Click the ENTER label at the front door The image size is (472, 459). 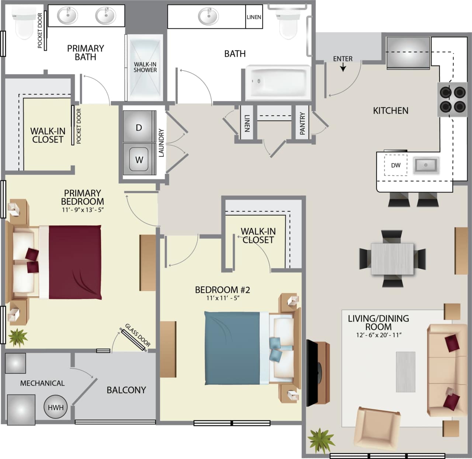coord(343,59)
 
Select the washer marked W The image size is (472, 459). coord(139,159)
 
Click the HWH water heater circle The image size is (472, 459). coord(56,407)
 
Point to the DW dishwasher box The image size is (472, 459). coord(395,165)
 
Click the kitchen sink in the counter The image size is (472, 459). coord(426,165)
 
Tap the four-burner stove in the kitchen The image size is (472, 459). coord(452,99)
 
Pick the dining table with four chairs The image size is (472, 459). coord(392,258)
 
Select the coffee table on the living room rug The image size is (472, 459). coord(406,372)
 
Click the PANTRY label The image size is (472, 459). coord(303,123)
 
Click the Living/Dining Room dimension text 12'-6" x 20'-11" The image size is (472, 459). coord(378,335)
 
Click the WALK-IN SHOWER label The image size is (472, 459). coord(145,67)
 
